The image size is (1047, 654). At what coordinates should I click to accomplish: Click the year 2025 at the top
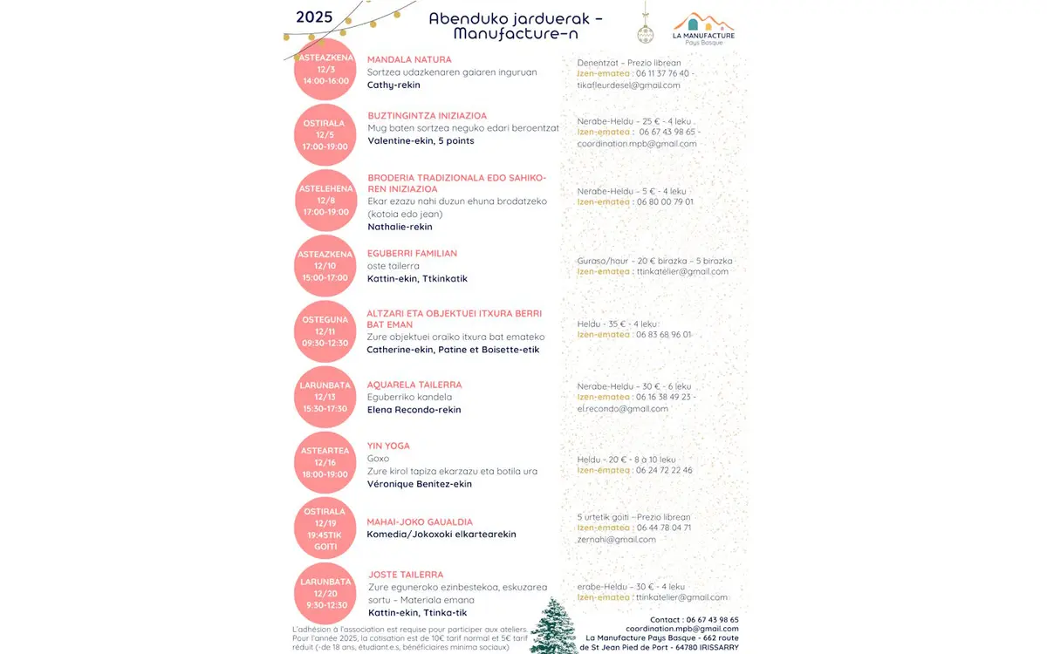[x=315, y=17]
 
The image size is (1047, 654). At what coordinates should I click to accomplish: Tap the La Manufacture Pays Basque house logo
[x=703, y=26]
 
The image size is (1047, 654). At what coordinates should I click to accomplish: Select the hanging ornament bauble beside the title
[x=646, y=33]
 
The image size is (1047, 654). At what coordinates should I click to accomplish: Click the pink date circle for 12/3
[x=325, y=69]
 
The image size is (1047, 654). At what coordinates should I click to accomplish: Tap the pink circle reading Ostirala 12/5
[x=325, y=135]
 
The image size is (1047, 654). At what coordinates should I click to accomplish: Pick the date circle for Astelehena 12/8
[x=325, y=200]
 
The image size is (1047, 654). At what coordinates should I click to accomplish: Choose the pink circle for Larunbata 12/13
[x=325, y=397]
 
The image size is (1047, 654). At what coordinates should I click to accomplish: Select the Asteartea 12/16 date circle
[x=325, y=462]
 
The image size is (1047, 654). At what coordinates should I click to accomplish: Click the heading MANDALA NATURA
[x=409, y=59]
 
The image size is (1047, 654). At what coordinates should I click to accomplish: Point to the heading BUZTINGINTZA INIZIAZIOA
[x=427, y=115]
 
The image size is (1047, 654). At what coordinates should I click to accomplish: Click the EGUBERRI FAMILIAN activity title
[x=412, y=253]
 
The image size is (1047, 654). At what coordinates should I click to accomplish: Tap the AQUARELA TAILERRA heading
[x=414, y=385]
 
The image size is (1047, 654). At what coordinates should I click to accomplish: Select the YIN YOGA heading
[x=388, y=446]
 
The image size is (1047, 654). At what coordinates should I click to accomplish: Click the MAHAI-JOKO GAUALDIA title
[x=419, y=521]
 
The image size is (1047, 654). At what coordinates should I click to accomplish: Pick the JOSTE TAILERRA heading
[x=406, y=575]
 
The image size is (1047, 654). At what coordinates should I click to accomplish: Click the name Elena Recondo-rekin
[x=414, y=410]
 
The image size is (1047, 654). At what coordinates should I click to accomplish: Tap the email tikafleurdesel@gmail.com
[x=628, y=85]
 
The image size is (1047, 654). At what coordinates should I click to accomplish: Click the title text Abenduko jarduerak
[x=515, y=18]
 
